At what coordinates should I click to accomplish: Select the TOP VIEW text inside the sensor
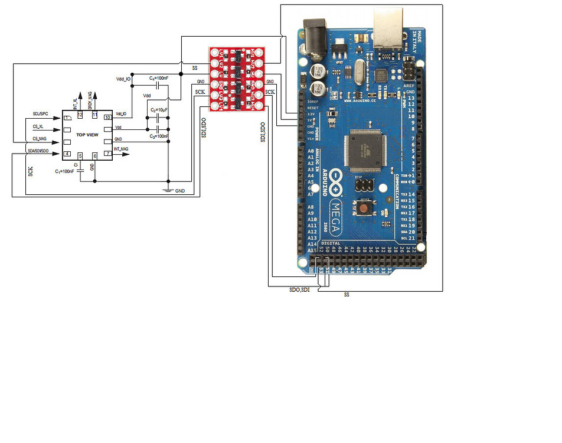tap(87, 135)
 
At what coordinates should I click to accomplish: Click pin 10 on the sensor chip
tap(107, 118)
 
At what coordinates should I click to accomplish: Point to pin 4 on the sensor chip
tap(67, 154)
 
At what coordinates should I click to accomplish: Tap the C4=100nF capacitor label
tap(159, 78)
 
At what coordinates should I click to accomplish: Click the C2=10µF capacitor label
tap(159, 110)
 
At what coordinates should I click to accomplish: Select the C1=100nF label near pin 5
tap(64, 171)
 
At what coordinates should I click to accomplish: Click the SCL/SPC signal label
tap(41, 113)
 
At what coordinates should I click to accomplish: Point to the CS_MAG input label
tap(40, 139)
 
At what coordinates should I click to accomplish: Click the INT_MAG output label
tap(121, 149)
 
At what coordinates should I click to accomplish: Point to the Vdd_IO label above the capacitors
tap(124, 79)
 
